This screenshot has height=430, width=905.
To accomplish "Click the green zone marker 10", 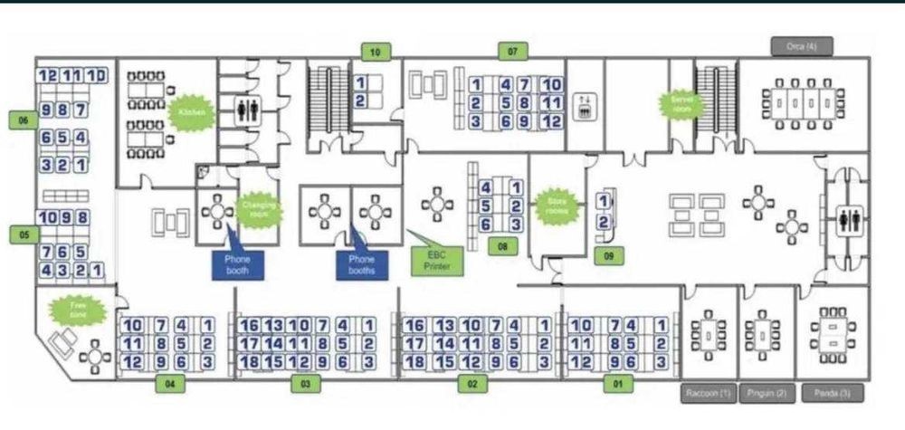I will point(375,51).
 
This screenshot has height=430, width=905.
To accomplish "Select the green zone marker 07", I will point(512,51).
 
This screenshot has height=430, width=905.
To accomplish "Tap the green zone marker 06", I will point(24,119).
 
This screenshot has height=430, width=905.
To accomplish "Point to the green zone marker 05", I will point(24,234).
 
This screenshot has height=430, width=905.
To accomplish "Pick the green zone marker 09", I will point(610,256).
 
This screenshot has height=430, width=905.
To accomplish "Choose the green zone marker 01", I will point(619,384).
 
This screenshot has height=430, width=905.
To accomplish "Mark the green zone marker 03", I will point(306,384).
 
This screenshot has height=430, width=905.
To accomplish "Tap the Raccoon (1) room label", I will point(708,393).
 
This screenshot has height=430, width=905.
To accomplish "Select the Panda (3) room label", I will point(832,393).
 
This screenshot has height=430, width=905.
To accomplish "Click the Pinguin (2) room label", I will point(766,393).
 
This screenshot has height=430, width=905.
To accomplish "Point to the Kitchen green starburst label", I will point(192,112).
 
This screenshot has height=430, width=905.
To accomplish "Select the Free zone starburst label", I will point(78,310).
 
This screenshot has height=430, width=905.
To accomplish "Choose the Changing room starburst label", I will point(258,213).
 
